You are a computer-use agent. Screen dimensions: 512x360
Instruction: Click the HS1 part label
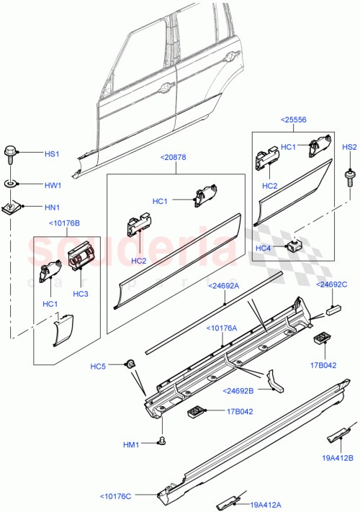click(x=53, y=154)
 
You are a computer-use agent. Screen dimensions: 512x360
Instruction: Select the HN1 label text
click(x=53, y=208)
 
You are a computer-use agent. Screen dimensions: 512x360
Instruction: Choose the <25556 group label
click(x=294, y=122)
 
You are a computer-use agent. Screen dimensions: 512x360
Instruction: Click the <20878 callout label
click(x=174, y=156)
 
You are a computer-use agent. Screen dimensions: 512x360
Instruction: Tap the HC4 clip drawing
click(x=294, y=246)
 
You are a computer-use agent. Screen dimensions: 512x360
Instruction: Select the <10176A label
click(x=226, y=328)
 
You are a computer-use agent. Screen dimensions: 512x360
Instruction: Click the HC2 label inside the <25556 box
click(x=270, y=187)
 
